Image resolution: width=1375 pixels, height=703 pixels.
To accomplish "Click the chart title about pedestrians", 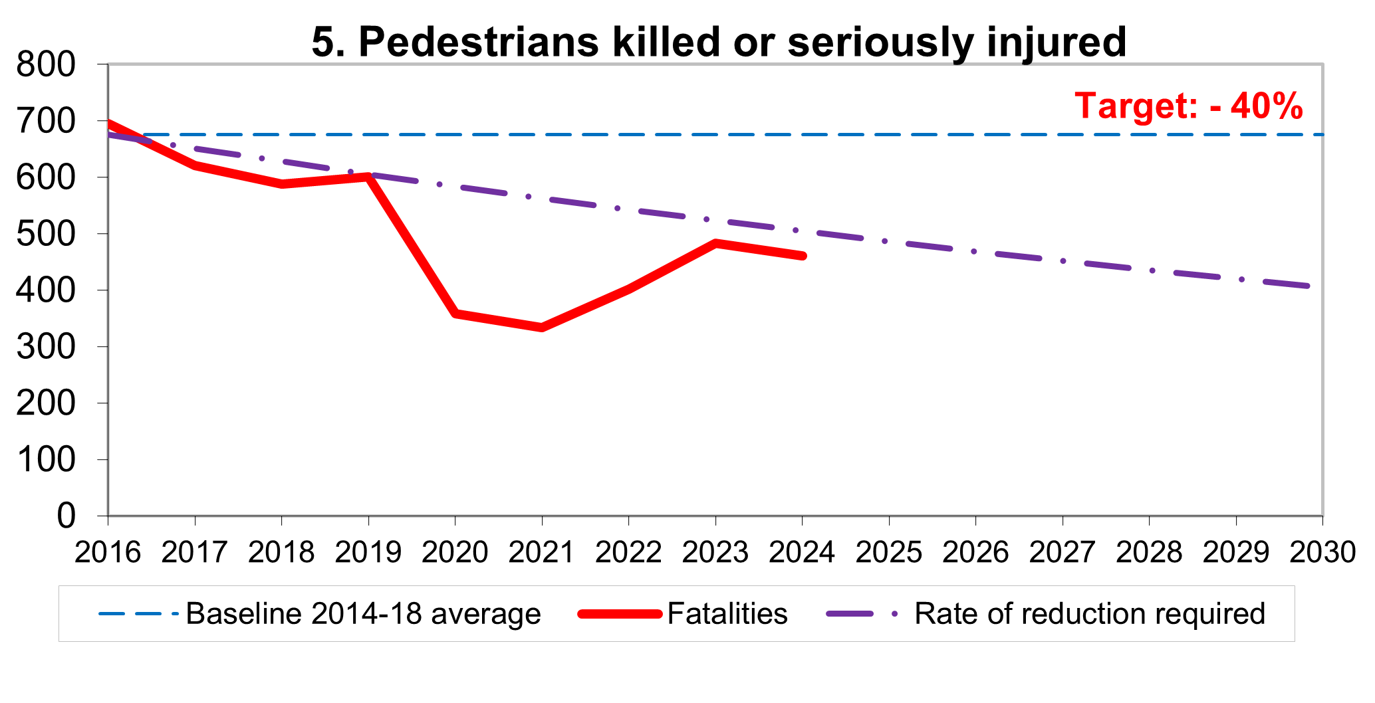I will (719, 42).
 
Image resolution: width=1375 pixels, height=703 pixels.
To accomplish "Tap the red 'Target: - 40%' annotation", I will (1189, 106).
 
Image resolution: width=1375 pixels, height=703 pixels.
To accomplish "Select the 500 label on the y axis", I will (46, 235).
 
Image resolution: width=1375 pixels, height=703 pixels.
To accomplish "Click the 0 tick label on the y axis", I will (66, 516).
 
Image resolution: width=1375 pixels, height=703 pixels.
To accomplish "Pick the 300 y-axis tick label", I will (46, 348).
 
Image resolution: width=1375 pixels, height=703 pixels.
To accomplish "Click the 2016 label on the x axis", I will (108, 552).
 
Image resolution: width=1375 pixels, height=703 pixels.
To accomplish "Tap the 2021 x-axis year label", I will (542, 552).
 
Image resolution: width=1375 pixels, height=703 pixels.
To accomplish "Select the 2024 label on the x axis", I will (802, 552).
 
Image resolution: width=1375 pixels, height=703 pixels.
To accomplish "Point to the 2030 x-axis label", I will (1322, 552).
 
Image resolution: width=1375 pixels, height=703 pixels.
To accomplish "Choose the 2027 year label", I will (1062, 552).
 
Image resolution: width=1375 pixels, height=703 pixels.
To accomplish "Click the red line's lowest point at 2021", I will (542, 327).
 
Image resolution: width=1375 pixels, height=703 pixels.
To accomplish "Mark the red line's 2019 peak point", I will (368, 177).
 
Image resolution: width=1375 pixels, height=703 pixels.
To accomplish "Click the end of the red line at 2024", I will (803, 256).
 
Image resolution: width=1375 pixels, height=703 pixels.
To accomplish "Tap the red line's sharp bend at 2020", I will (455, 313).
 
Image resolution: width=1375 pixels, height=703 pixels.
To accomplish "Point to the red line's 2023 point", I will (715, 243).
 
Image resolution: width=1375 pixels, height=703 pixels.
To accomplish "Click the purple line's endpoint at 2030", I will (1309, 286).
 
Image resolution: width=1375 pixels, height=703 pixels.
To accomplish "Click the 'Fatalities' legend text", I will (727, 613).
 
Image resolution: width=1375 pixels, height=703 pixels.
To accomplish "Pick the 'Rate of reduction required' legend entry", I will (1089, 613).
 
